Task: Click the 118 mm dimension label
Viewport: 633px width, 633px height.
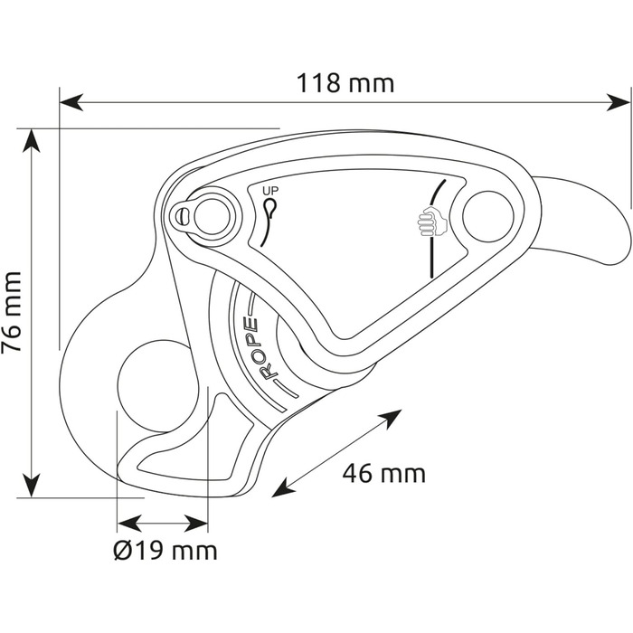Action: (345, 84)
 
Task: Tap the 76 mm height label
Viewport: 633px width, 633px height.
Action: (14, 313)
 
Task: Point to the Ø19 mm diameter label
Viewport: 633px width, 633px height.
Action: (165, 551)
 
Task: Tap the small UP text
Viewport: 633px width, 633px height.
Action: (270, 191)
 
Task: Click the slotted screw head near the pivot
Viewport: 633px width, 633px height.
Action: (183, 216)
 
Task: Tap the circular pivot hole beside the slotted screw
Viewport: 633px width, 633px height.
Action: (212, 215)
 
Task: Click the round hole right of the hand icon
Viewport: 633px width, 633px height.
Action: (488, 216)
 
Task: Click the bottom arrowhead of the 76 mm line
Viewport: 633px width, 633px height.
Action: (33, 489)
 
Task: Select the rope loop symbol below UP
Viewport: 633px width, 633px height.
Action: (270, 209)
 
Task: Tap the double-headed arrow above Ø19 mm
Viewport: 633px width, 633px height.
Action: (164, 523)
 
